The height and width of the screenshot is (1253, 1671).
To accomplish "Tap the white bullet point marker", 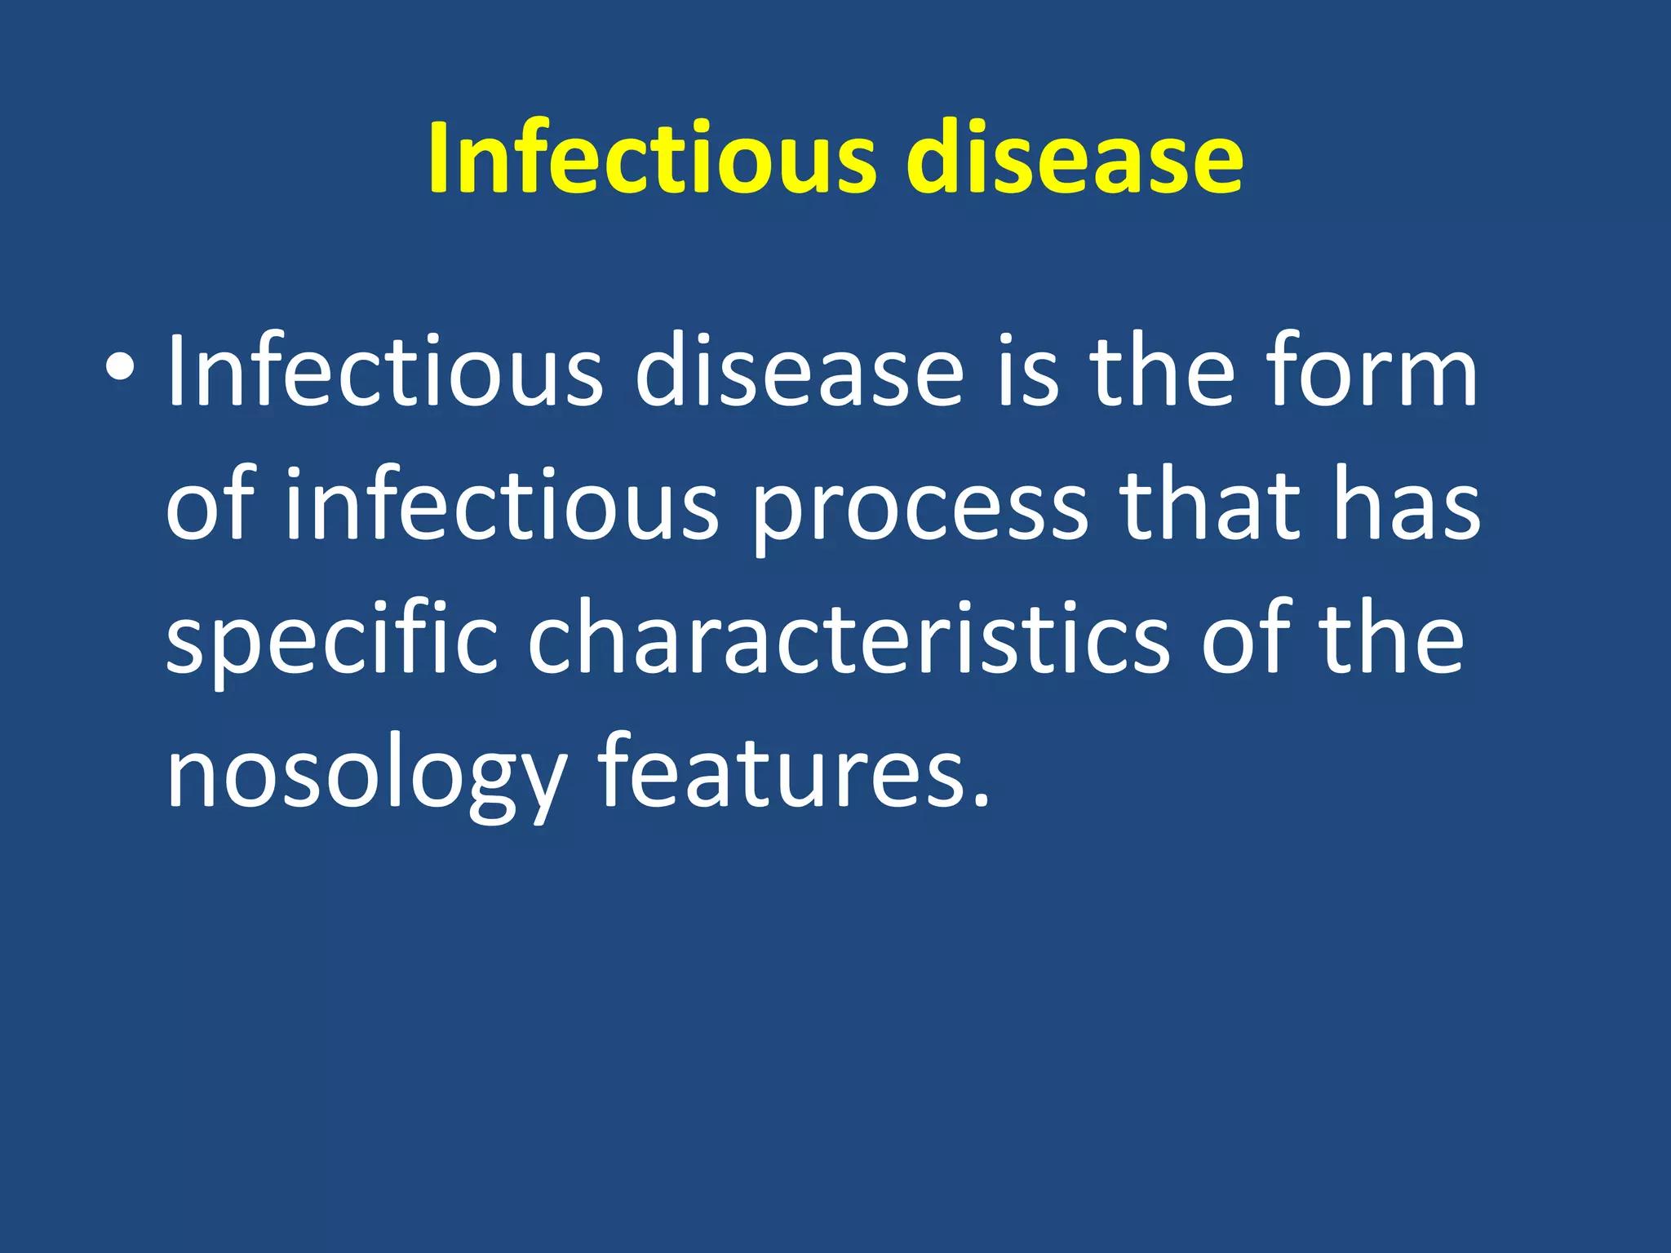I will coord(120,369).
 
